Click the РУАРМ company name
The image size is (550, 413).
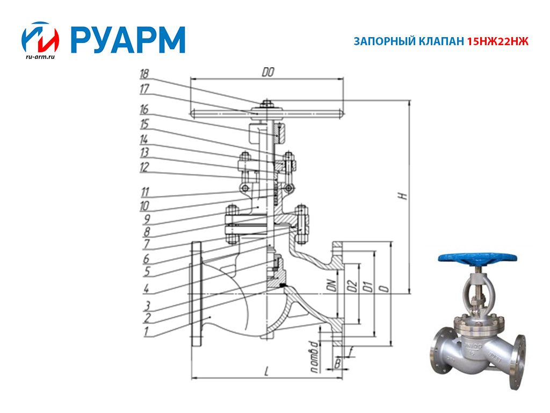(128, 40)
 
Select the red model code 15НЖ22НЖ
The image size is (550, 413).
(497, 41)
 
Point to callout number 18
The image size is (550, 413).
(144, 74)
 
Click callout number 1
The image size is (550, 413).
(146, 331)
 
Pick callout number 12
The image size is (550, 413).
(144, 167)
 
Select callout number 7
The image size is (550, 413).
(146, 244)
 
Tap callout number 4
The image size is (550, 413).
(146, 288)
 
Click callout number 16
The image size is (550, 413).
(144, 109)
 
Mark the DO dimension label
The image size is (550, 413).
(268, 72)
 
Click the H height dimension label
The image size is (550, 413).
(404, 196)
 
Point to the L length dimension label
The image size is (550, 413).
(266, 371)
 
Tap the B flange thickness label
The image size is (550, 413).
(337, 363)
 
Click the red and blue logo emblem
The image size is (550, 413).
(40, 37)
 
